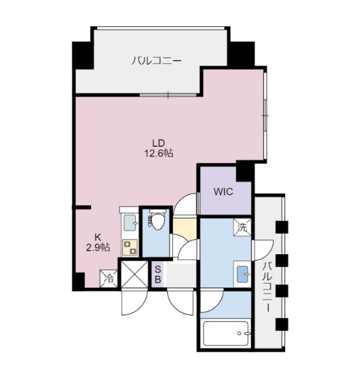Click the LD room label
pos(158,143)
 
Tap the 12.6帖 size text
pos(158,153)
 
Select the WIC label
pos(223,192)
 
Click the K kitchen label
pos(98,237)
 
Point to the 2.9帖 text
pos(98,248)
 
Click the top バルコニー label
pos(157,60)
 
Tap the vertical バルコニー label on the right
pos(268,287)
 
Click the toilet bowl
pos(157,220)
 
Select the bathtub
pos(226,334)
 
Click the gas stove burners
pos(130,248)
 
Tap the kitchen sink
pos(130,223)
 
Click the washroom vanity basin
pos(243,274)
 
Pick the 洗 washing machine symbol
pos(243,227)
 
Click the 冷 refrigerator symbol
pos(109,279)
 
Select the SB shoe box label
pos(158,274)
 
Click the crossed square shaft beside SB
pos(134,274)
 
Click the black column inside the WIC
pos(245,171)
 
